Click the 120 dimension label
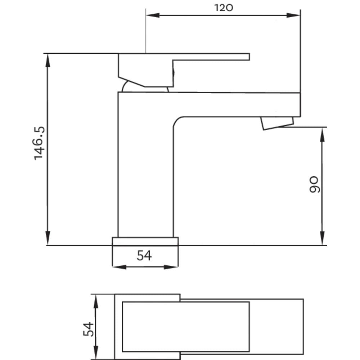224,8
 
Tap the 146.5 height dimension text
39,143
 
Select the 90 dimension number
314,184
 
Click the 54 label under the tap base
144,256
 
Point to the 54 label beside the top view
89,329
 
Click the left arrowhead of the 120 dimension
153,15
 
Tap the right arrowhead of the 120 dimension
293,15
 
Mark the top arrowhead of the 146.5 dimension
48,60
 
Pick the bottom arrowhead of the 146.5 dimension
48,238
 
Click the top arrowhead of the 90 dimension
322,135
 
